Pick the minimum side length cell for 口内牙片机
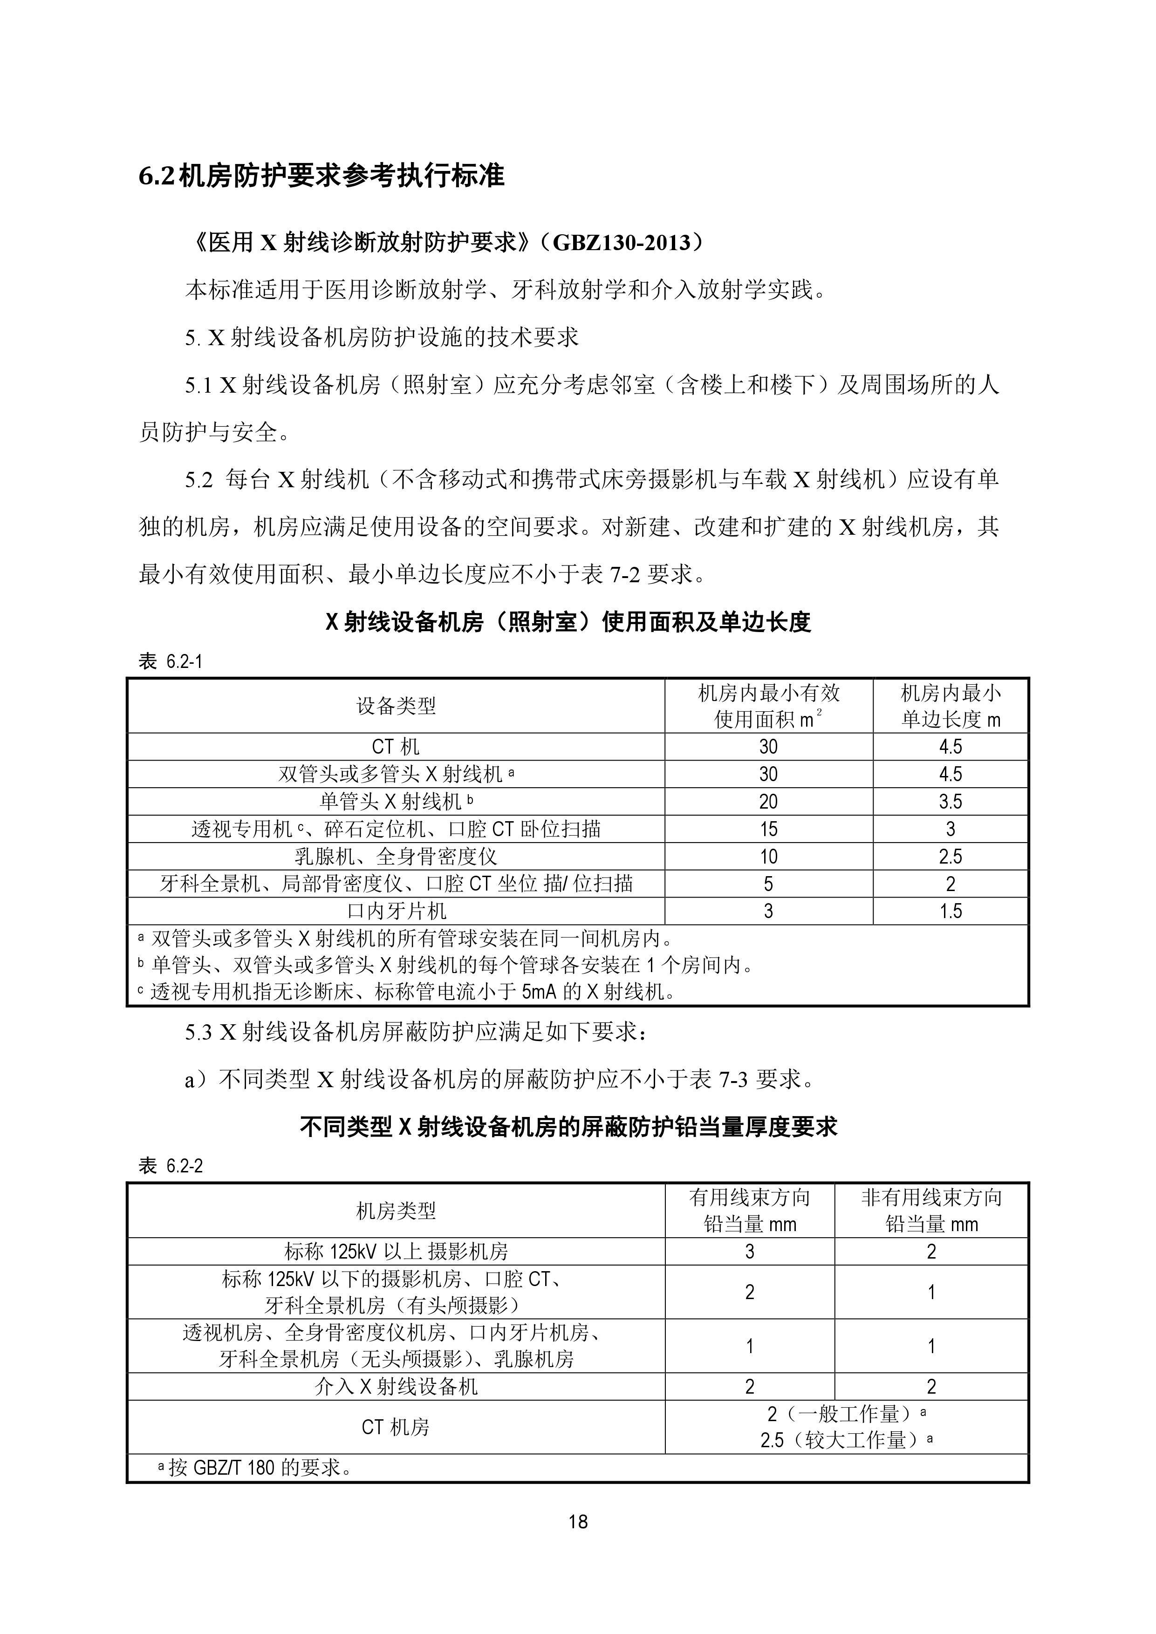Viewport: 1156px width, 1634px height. pyautogui.click(x=950, y=911)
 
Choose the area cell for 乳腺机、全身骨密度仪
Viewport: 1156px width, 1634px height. pyautogui.click(x=768, y=856)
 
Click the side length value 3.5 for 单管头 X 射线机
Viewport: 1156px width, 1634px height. pyautogui.click(x=950, y=801)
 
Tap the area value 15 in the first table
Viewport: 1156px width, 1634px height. pyautogui.click(x=768, y=829)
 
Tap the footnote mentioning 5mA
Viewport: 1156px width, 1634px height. pyautogui.click(x=413, y=991)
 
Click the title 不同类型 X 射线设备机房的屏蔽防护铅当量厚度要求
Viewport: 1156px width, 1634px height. pyautogui.click(x=568, y=1127)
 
